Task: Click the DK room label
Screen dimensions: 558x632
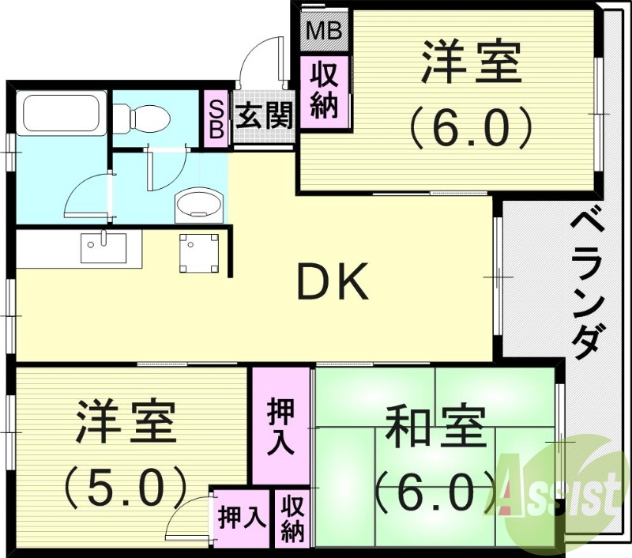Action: click(333, 283)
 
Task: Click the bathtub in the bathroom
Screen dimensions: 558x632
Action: click(59, 116)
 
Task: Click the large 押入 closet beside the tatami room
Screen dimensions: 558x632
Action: click(281, 427)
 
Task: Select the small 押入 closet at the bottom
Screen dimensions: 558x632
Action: click(242, 518)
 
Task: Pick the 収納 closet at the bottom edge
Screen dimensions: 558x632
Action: click(292, 518)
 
